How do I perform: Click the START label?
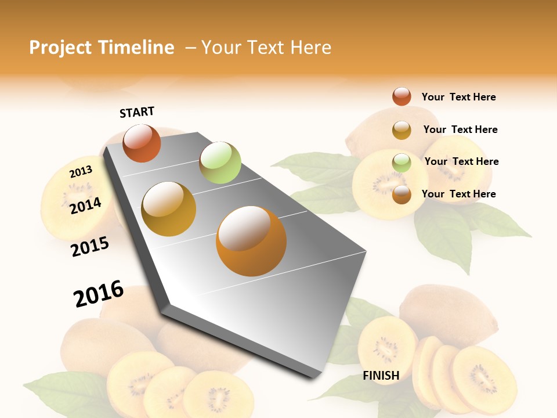tap(137, 112)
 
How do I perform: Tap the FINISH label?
tap(381, 376)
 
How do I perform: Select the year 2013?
tap(81, 171)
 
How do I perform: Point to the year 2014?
tap(85, 206)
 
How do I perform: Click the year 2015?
tap(90, 247)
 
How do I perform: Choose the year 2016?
tap(99, 294)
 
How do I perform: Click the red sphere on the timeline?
tap(142, 143)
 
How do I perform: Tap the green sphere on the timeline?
tap(220, 163)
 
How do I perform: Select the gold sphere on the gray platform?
tap(169, 209)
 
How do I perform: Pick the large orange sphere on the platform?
tap(251, 241)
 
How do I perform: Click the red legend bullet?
tap(402, 96)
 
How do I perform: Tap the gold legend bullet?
tap(402, 130)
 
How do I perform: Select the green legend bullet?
tap(402, 163)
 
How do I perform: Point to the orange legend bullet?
tap(402, 194)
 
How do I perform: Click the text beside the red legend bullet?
tap(458, 97)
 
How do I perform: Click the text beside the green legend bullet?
tap(461, 161)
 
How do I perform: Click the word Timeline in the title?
tap(136, 48)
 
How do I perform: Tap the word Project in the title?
tap(60, 48)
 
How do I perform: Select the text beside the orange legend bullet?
tap(458, 194)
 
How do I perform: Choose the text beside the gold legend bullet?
tap(460, 129)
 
